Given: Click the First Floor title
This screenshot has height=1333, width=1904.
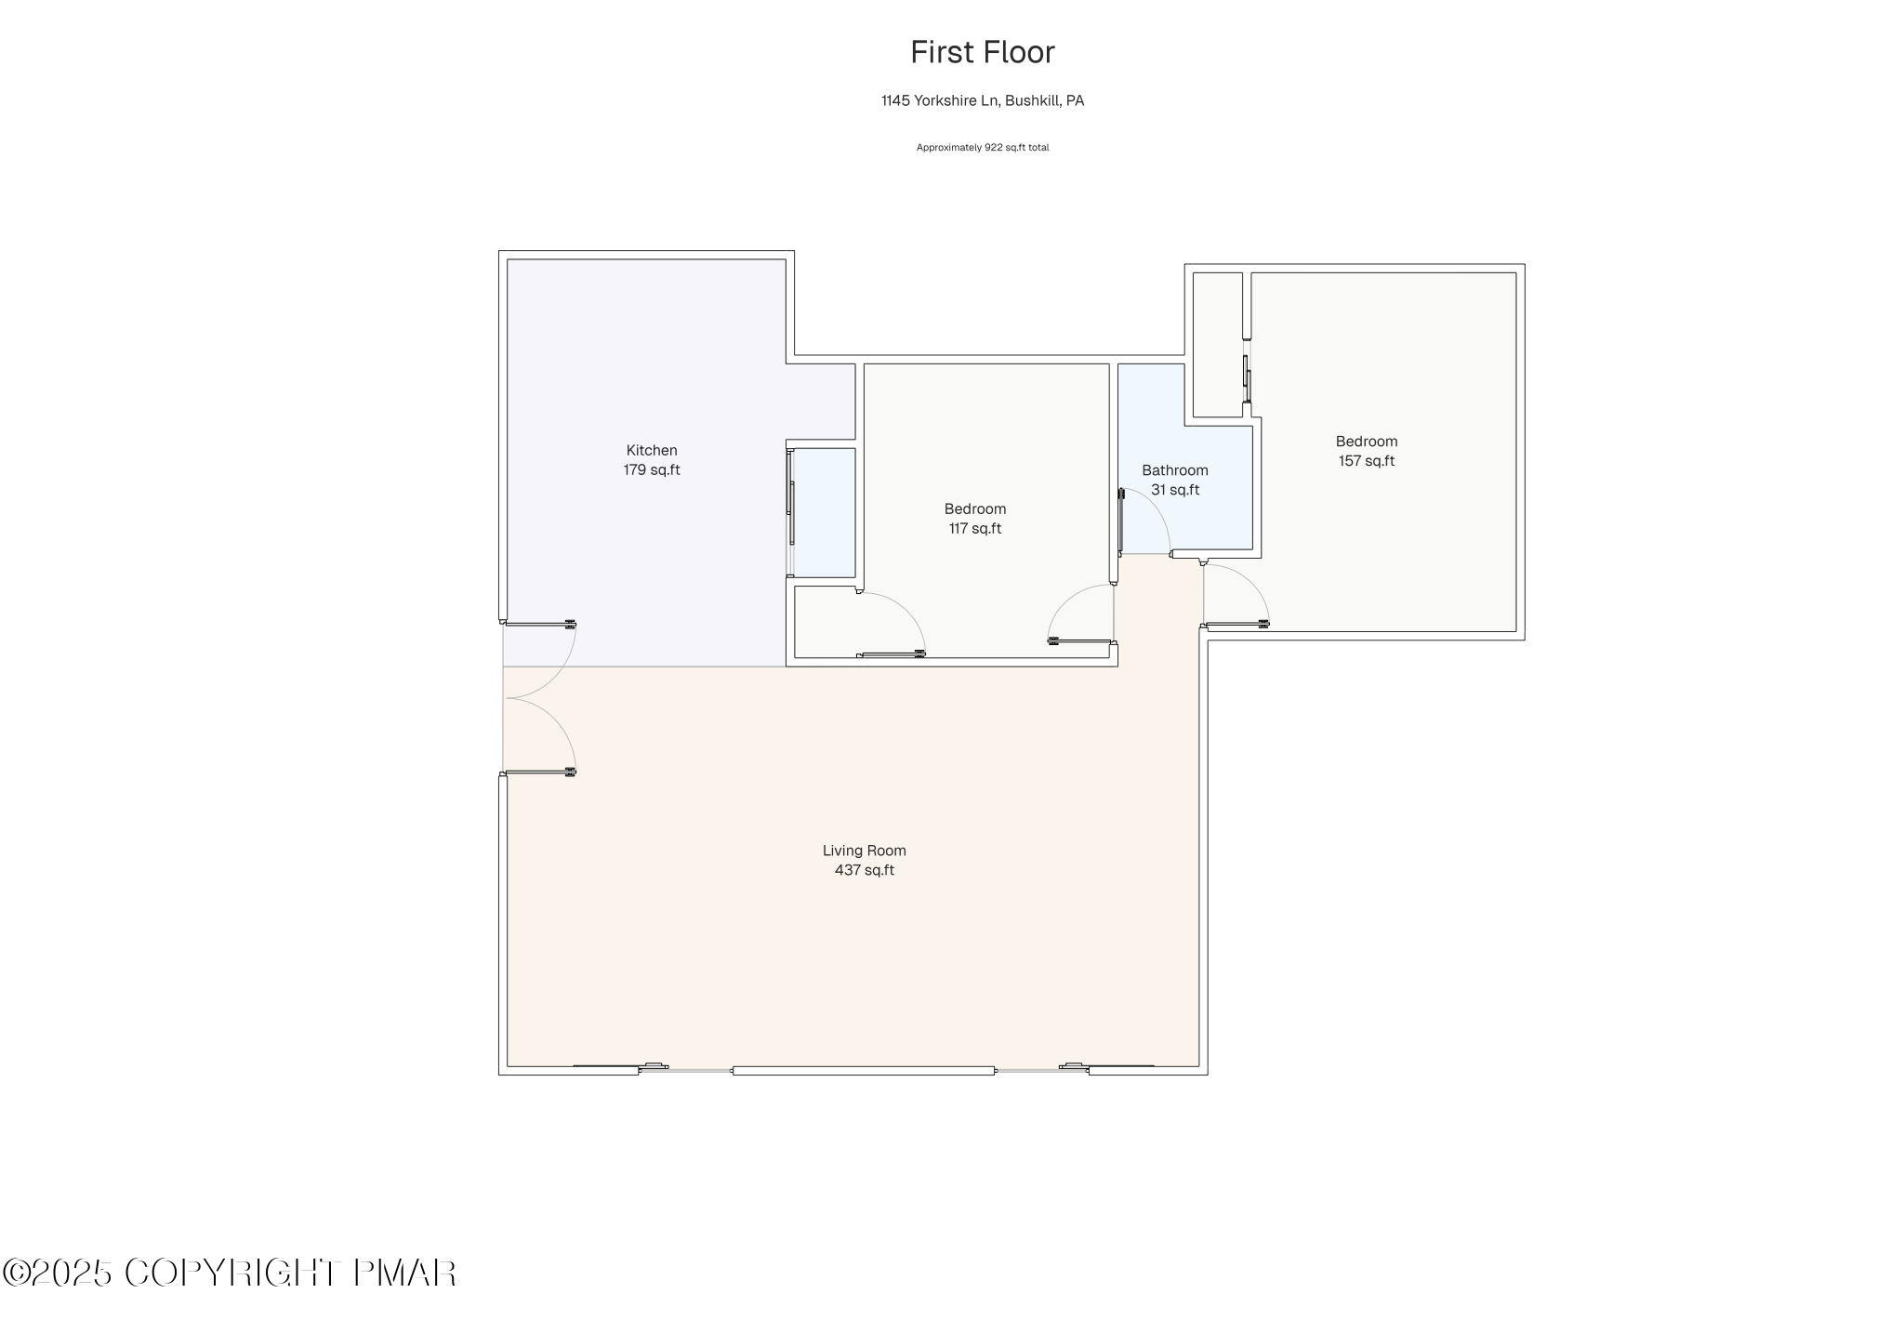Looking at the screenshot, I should tap(982, 52).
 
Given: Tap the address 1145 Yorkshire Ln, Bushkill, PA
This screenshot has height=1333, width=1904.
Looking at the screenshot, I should tap(982, 100).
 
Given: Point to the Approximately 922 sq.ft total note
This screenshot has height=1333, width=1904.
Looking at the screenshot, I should tap(982, 148).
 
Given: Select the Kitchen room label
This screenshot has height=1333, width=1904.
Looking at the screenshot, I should tap(651, 451).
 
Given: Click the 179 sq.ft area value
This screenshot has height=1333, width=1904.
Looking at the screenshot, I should tap(651, 470).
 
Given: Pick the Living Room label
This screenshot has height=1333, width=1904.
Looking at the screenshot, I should tap(864, 851).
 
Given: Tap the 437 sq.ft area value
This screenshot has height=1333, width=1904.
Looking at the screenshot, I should tap(864, 871).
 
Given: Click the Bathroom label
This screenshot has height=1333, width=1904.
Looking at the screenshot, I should tap(1174, 470).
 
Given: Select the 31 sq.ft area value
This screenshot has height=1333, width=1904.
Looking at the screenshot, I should tap(1174, 490).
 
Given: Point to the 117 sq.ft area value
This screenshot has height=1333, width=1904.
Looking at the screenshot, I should tap(974, 529).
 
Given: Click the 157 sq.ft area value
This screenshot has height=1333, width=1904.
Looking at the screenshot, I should tap(1366, 461).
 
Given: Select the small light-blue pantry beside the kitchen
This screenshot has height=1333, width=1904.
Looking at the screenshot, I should tap(823, 512).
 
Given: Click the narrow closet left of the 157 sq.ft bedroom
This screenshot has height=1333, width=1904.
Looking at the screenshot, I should tap(1217, 344).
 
